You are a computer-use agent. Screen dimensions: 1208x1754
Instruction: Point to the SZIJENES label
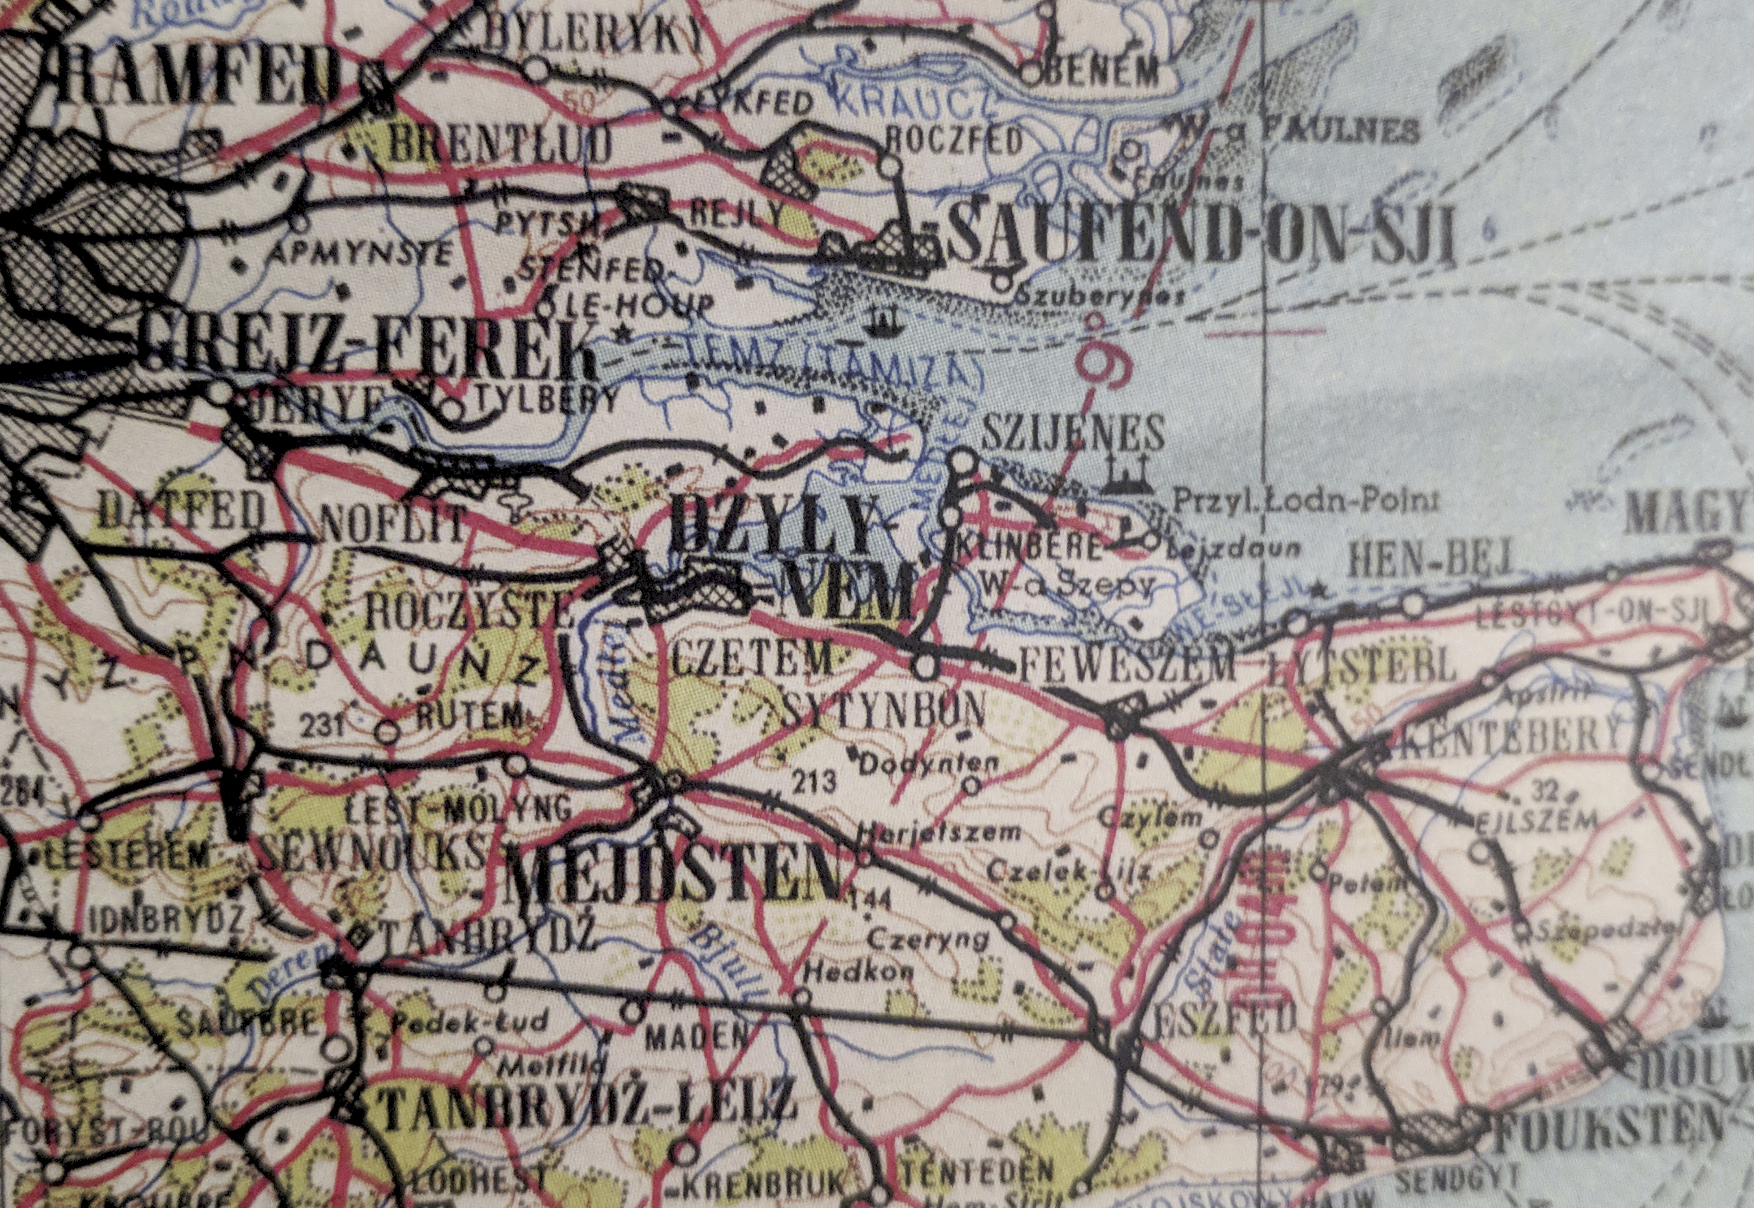click(x=1073, y=435)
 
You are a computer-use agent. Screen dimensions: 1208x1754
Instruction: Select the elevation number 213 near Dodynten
click(x=814, y=780)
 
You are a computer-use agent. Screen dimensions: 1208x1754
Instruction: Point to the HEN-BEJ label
click(x=1431, y=559)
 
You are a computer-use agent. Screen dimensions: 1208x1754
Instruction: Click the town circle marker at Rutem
click(x=387, y=732)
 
